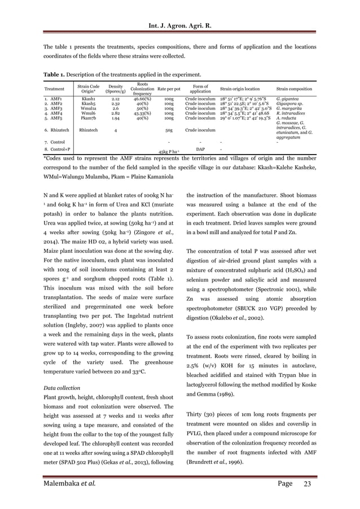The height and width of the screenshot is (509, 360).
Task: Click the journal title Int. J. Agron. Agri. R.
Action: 180,9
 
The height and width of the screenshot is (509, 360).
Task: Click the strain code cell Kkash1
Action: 89,99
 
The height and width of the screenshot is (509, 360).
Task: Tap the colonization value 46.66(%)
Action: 142,99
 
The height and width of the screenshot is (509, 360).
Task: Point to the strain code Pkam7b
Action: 89,119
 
